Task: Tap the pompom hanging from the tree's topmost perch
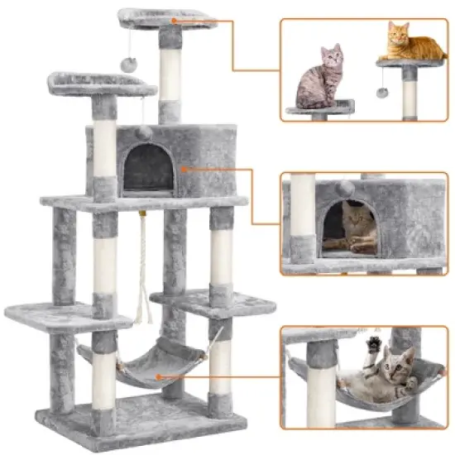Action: [x=130, y=64]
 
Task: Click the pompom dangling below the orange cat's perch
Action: [x=381, y=92]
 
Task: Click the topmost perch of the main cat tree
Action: [x=165, y=17]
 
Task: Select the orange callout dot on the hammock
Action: [x=159, y=377]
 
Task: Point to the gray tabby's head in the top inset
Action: [x=333, y=57]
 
